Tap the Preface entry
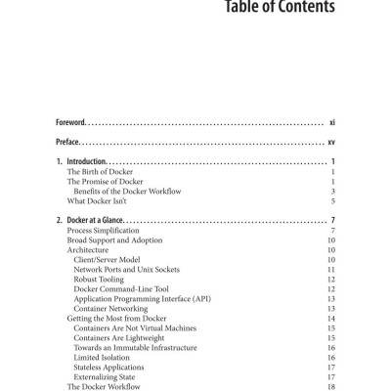[67, 142]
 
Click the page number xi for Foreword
[332, 122]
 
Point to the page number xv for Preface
[332, 142]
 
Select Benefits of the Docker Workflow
[129, 192]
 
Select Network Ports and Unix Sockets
[129, 270]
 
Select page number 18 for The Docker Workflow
[332, 387]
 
